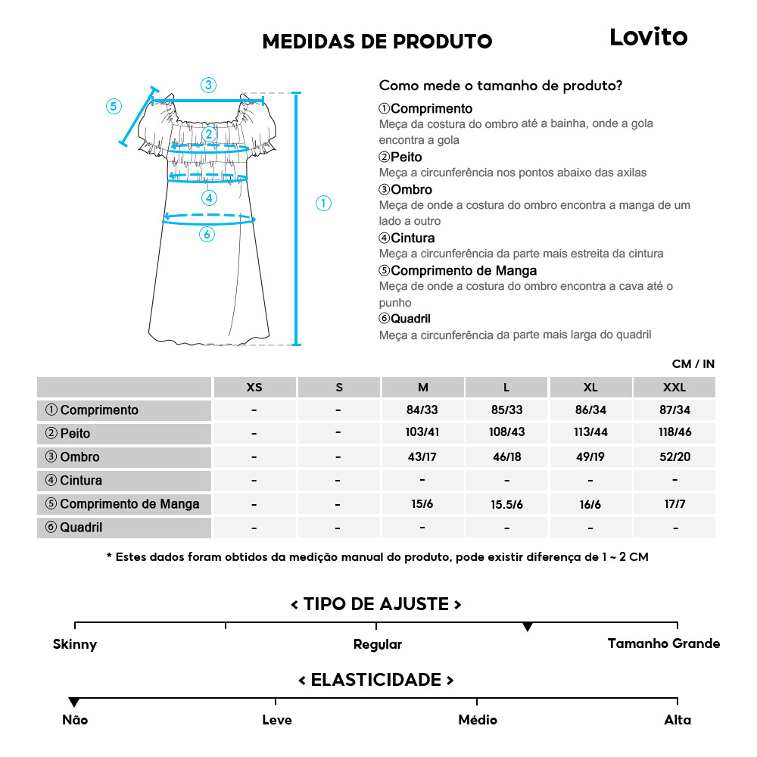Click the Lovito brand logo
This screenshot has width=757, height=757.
click(648, 37)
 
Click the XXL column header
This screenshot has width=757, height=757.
click(674, 387)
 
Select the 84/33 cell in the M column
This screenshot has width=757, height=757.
click(422, 410)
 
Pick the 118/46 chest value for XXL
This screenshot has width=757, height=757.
click(674, 434)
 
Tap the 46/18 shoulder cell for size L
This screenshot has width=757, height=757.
click(506, 457)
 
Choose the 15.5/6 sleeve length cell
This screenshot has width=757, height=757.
click(506, 504)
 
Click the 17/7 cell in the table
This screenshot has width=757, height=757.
click(674, 504)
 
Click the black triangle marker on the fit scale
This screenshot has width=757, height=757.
click(528, 627)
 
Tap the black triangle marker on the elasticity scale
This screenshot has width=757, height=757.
click(73, 702)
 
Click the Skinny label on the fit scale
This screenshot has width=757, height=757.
click(75, 644)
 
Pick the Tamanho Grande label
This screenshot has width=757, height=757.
click(664, 643)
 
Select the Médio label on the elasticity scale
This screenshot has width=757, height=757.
click(478, 719)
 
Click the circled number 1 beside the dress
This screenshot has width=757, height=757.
click(323, 203)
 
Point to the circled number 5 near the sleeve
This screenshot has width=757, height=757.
click(114, 106)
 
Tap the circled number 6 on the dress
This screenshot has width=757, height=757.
click(207, 234)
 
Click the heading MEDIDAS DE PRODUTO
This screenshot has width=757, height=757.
click(377, 42)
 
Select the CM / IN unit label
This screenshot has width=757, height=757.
click(693, 364)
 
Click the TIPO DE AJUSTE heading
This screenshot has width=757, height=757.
click(376, 604)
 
